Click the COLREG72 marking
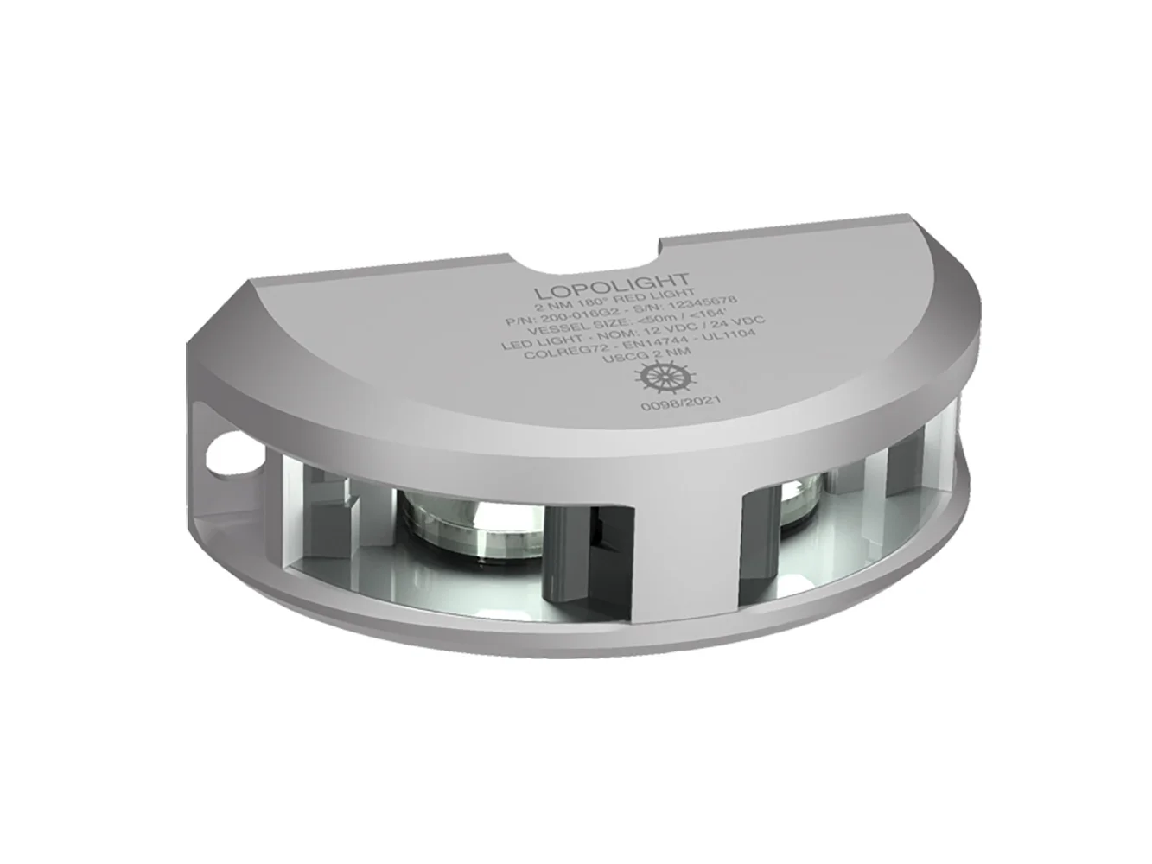pos(575,357)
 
